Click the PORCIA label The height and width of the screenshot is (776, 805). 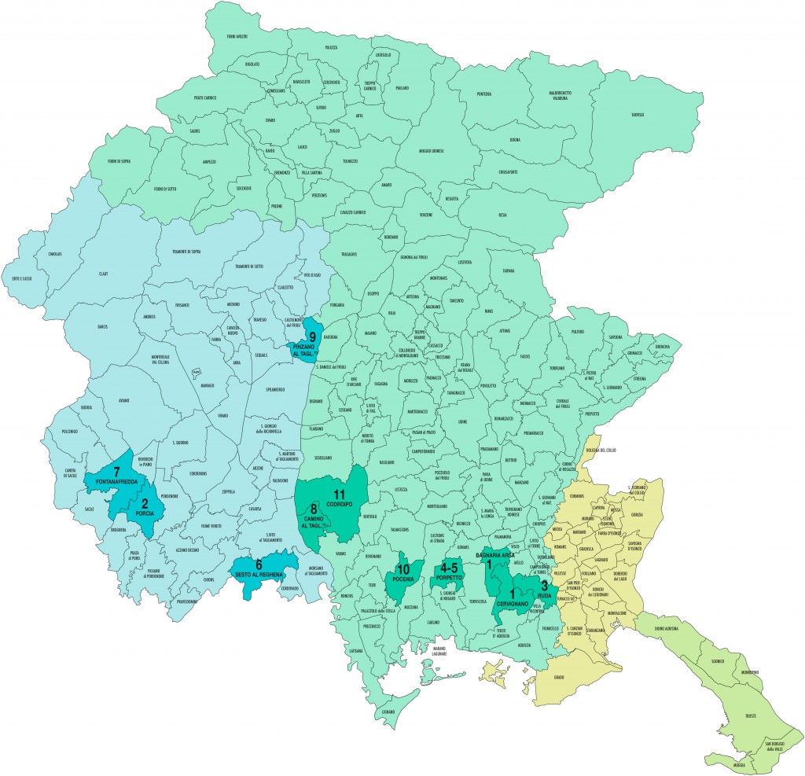[145, 513]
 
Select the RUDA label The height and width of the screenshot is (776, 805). [546, 596]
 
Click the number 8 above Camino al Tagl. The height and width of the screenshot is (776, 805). [313, 508]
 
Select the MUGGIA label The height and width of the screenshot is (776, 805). [737, 763]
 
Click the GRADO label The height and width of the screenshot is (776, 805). [559, 677]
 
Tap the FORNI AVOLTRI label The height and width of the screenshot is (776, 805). [237, 37]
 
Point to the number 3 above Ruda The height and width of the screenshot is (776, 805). [544, 585]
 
